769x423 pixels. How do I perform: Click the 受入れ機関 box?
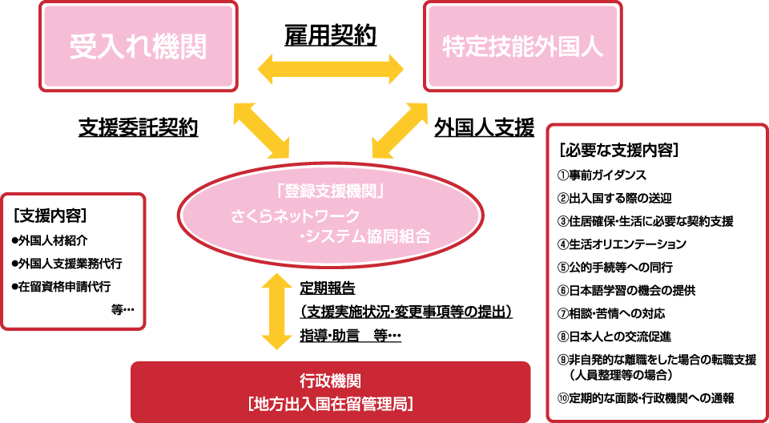coord(138,46)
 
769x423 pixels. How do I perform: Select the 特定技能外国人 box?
coord(522,46)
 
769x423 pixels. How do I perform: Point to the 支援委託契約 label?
coord(138,127)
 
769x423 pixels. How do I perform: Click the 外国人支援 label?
coord(484,127)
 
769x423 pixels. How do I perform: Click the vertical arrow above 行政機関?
coord(276,311)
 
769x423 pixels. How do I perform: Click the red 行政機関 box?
coord(330,391)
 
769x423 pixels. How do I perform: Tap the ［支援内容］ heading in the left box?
coord(50,216)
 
